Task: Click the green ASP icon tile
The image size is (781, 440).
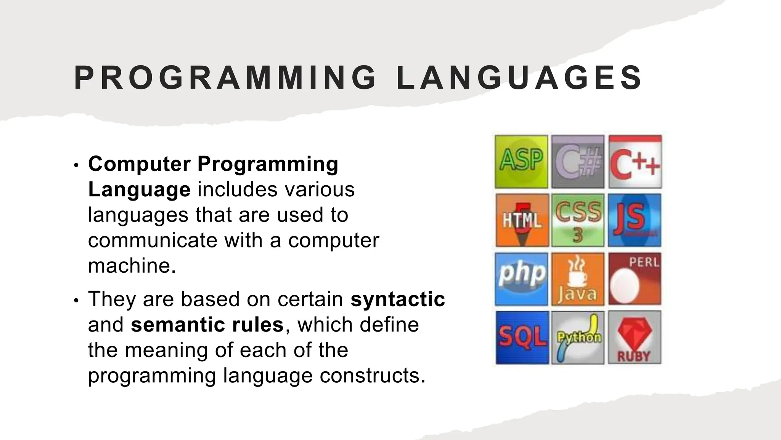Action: point(521,162)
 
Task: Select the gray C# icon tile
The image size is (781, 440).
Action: point(578,162)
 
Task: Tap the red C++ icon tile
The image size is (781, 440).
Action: point(635,162)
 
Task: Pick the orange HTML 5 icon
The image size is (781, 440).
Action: point(522,220)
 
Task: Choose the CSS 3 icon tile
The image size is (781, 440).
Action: point(578,220)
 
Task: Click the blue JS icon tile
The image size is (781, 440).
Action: point(635,220)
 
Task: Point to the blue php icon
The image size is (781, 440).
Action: point(521,279)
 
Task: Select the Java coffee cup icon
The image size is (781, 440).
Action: point(578,279)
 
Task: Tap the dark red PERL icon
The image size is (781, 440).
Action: point(635,279)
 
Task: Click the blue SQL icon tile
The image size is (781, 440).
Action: point(522,337)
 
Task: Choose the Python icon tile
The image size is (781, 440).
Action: point(578,337)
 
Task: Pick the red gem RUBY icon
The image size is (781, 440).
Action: point(634,337)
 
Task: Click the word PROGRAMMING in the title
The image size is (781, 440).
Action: point(225,78)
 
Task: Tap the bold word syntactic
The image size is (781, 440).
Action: point(398,299)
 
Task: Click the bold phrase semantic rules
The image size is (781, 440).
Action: point(207,324)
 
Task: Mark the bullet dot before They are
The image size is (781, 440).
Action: point(76,301)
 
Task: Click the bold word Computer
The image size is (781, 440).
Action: point(139,164)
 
